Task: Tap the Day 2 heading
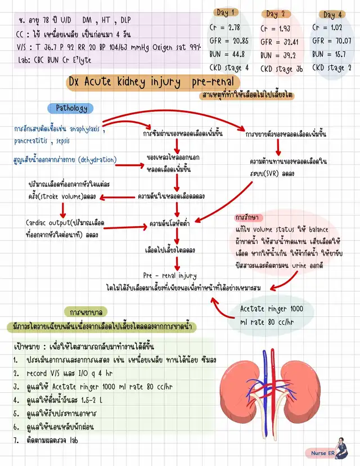[276, 14]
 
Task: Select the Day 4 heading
[332, 15]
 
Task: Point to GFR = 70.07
[332, 41]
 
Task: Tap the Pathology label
[71, 107]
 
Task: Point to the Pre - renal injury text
[169, 276]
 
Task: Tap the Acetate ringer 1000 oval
[271, 314]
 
